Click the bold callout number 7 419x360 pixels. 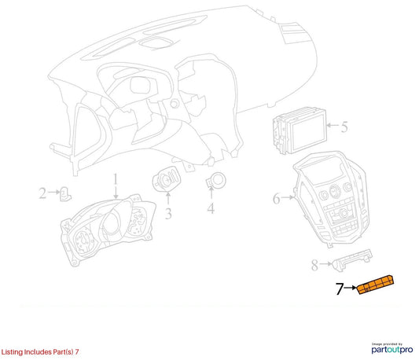click(340, 288)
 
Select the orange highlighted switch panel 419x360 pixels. click(376, 285)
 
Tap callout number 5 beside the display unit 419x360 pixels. click(344, 127)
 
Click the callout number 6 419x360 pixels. click(276, 199)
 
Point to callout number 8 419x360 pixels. click(314, 265)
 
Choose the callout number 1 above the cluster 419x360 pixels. click(116, 178)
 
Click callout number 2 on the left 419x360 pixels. click(42, 193)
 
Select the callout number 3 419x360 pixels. click(168, 214)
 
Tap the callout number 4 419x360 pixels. click(211, 208)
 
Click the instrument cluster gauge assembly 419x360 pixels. click(108, 229)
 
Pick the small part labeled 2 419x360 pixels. click(65, 194)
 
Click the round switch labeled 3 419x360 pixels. click(166, 179)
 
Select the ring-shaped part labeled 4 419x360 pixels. click(216, 181)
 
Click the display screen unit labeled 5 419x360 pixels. click(300, 131)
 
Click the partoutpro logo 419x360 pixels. click(392, 349)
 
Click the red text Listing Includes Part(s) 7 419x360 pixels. click(40, 351)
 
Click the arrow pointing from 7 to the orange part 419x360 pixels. click(351, 288)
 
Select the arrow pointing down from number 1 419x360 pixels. click(116, 192)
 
